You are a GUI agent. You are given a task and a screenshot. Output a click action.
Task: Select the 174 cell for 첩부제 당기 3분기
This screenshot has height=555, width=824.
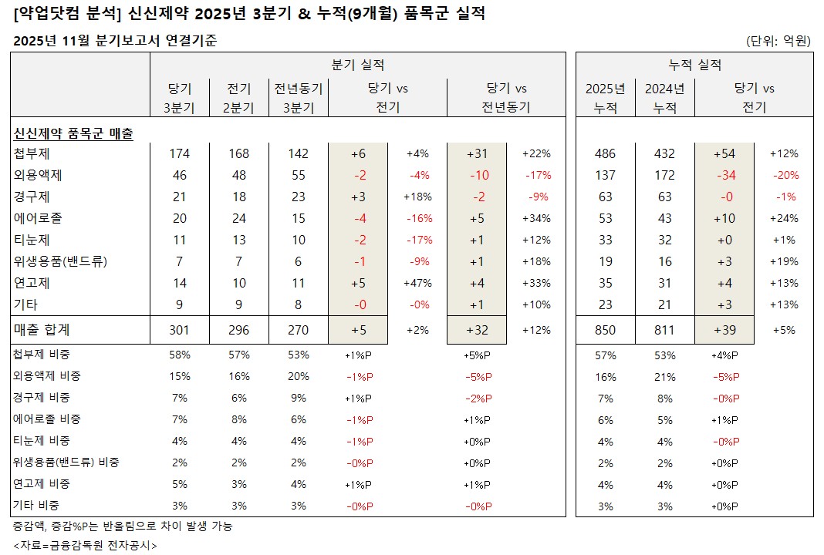click(179, 153)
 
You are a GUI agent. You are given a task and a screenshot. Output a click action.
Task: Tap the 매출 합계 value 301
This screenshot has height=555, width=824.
click(179, 330)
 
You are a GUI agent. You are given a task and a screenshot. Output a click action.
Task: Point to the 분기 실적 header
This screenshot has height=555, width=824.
click(357, 65)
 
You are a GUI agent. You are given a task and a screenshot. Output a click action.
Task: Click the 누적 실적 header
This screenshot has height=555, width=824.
click(694, 65)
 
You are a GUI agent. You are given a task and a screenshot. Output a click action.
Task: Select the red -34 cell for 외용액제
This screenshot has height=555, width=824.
click(725, 175)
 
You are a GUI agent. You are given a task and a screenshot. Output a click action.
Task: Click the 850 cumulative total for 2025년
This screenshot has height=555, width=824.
click(606, 330)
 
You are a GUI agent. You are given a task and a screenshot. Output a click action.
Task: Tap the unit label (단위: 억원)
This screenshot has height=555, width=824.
click(778, 40)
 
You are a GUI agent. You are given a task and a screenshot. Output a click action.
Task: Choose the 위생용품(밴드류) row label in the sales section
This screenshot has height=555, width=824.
click(60, 261)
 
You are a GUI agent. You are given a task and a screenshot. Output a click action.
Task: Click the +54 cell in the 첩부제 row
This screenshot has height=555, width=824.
click(725, 153)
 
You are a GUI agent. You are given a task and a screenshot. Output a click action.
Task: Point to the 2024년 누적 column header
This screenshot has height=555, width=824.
click(664, 98)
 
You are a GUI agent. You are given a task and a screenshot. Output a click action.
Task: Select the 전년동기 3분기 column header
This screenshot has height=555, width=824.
click(299, 98)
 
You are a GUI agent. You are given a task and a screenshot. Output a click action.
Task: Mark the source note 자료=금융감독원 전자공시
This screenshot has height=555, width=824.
click(85, 544)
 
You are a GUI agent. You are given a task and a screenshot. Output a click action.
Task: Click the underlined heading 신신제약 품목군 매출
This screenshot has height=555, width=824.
click(73, 133)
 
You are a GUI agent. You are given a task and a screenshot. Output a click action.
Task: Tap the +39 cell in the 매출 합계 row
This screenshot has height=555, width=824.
click(725, 330)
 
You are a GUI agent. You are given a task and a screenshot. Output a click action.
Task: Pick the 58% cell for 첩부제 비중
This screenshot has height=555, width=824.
click(179, 355)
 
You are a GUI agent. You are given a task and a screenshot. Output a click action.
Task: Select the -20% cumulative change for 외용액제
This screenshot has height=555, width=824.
click(785, 175)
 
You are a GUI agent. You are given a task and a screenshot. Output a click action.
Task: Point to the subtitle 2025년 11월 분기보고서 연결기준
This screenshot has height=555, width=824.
click(115, 41)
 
